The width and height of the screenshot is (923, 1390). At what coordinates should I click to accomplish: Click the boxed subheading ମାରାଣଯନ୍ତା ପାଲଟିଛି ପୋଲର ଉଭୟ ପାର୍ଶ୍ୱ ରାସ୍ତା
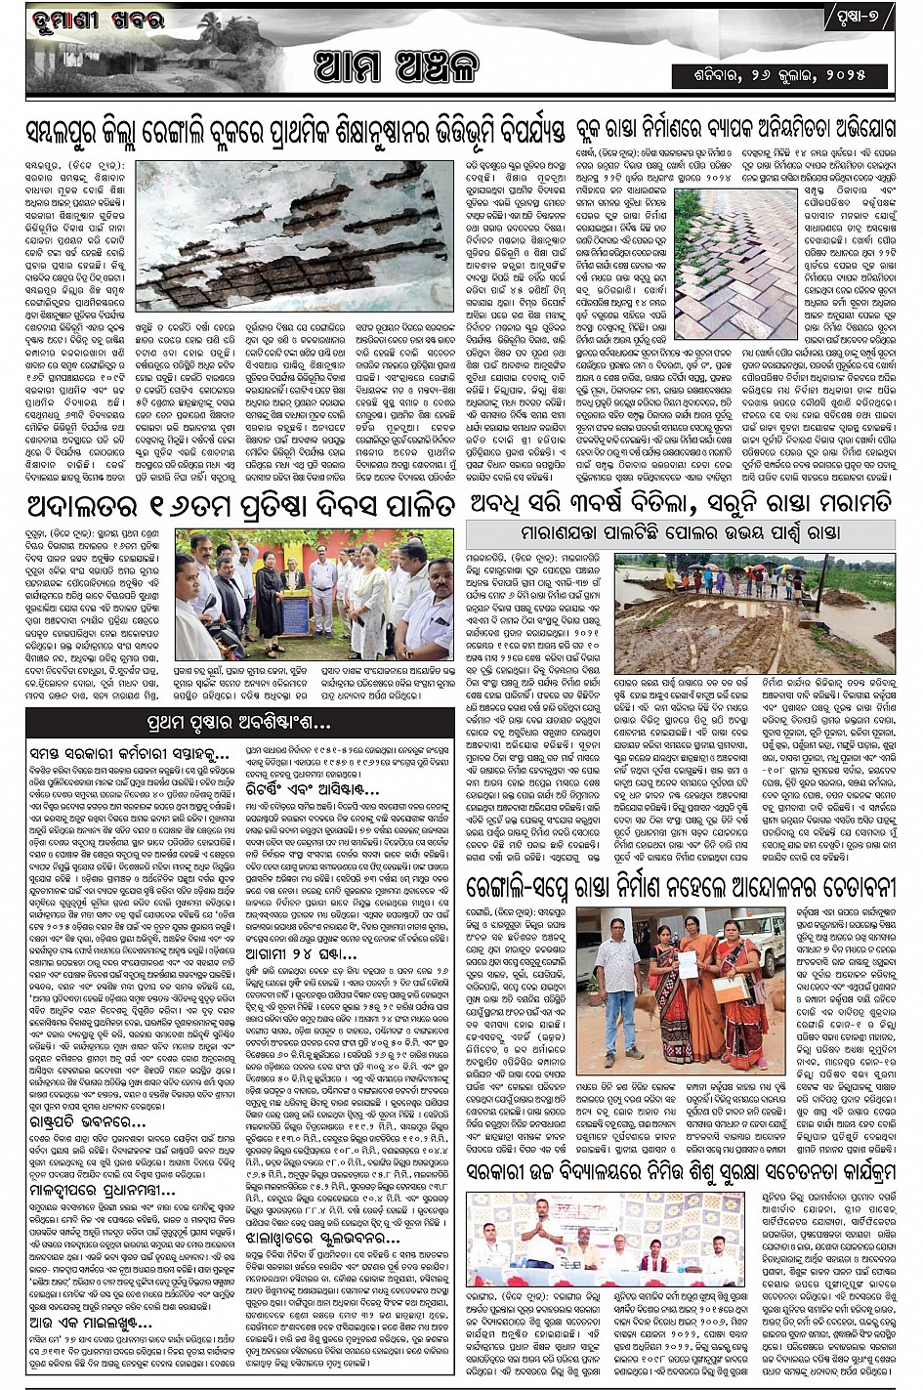pos(680,533)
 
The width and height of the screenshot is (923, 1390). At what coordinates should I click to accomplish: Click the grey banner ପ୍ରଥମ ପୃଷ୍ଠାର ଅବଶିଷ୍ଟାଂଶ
pos(239,723)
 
